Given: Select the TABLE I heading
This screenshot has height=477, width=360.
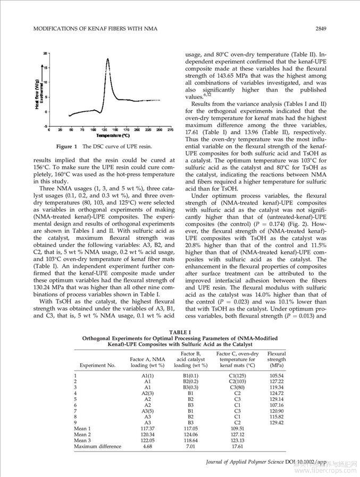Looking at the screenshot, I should click(x=179, y=332).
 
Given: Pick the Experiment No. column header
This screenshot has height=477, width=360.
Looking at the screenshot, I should click(x=97, y=365).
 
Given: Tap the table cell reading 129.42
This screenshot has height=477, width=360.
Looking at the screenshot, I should click(x=277, y=423).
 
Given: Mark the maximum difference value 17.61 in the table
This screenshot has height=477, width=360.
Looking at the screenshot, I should click(x=237, y=447).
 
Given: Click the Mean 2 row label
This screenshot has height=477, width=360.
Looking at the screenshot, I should click(x=82, y=434).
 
